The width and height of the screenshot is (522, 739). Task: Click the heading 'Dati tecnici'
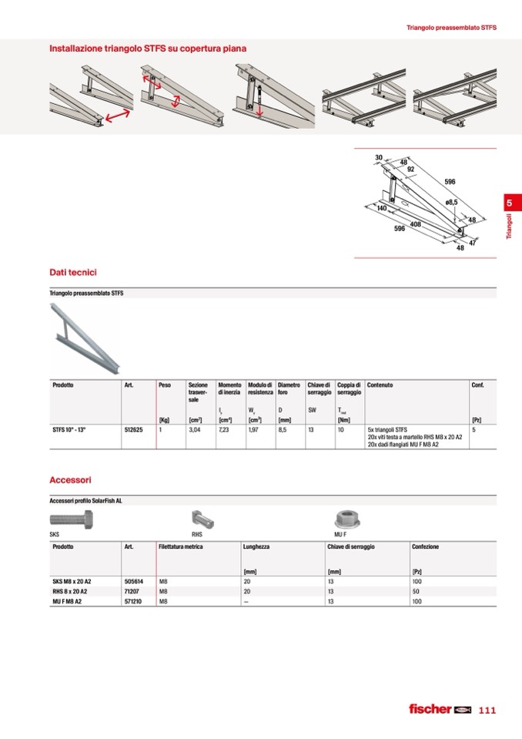point(73,273)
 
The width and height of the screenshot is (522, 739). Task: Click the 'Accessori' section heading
point(71,479)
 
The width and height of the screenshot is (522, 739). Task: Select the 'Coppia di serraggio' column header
point(349,388)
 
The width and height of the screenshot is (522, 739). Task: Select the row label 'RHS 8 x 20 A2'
point(72,591)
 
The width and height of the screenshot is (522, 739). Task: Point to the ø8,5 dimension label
point(451,202)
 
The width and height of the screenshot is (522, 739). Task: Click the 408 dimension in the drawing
point(416,224)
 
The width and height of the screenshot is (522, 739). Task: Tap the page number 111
point(487,710)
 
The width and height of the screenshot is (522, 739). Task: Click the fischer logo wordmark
point(430,709)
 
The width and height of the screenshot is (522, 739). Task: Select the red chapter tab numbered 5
point(509,203)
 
